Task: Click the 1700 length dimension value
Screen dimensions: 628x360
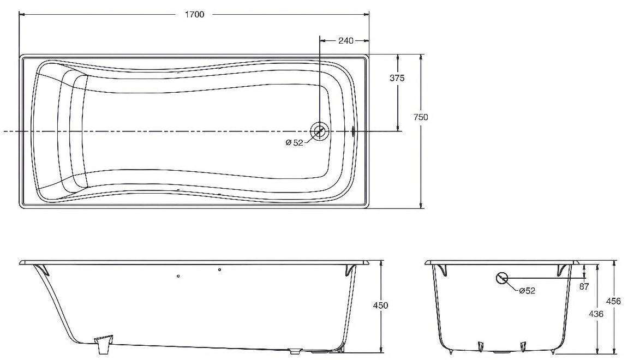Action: coord(194,14)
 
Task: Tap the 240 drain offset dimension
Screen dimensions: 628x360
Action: coord(345,40)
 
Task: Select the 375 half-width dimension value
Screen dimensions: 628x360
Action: coord(397,78)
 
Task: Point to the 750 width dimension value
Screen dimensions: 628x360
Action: coord(421,117)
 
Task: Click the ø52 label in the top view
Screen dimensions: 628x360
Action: coord(295,142)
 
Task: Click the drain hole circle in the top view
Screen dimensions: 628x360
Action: coord(319,131)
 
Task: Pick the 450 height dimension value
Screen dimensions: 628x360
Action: coord(380,305)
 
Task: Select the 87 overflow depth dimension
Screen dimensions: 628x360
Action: coord(584,286)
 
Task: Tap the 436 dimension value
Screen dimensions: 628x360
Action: coord(596,314)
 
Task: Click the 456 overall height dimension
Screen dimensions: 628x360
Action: coord(614,301)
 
